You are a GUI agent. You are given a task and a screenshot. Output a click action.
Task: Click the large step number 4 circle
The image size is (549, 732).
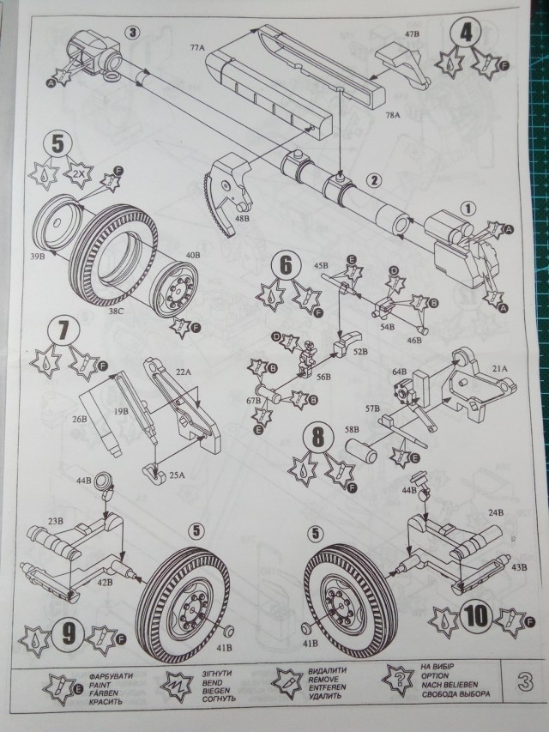[x=465, y=33]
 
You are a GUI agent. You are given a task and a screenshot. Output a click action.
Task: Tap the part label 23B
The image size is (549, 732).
[x=57, y=520]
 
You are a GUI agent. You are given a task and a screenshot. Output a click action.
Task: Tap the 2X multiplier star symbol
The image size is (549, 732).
[x=78, y=172]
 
